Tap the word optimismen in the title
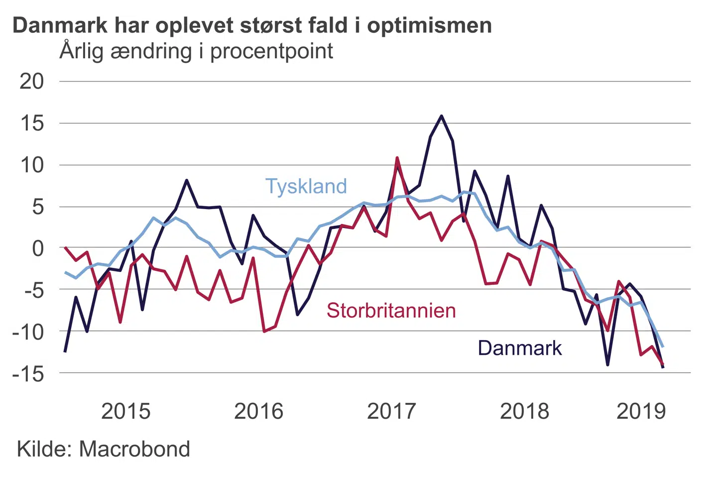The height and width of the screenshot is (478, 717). tap(429, 25)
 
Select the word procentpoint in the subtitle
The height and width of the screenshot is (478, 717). tap(271, 52)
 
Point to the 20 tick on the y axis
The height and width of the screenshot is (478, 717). tap(32, 81)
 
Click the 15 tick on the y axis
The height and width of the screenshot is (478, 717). tap(32, 123)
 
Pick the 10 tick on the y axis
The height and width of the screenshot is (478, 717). tap(32, 165)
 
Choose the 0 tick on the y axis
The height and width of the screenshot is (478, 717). tap(38, 248)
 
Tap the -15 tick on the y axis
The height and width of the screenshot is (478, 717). tap(28, 373)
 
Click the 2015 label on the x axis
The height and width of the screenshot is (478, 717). tap(125, 411)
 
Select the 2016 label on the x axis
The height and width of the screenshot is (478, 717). tap(258, 411)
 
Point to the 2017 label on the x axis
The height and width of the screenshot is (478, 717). tap(391, 411)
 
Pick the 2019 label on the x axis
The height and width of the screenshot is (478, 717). tap(641, 411)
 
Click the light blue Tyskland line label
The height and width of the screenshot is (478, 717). tap(306, 186)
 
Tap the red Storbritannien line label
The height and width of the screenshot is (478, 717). tap(391, 310)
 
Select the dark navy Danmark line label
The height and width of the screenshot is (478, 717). tap(519, 348)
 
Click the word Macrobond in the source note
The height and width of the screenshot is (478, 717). tap(134, 449)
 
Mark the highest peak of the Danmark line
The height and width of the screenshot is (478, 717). tap(441, 116)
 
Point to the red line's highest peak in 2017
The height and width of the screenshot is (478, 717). tap(397, 158)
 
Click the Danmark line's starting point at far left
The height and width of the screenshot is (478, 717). tap(65, 351)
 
